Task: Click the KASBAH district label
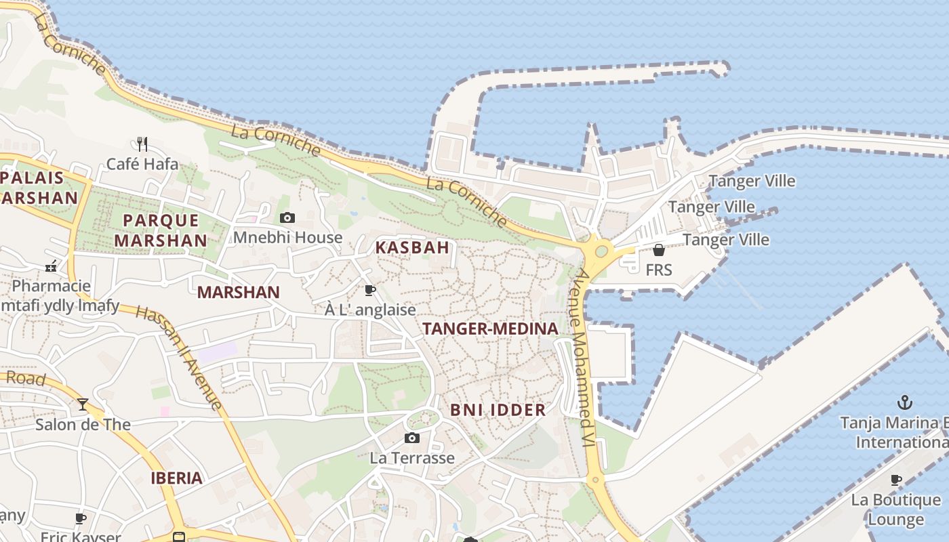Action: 412,247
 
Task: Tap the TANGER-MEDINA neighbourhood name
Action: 491,329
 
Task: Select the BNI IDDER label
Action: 498,410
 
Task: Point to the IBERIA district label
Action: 176,478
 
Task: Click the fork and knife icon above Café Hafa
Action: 142,144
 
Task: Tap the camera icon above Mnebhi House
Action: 287,217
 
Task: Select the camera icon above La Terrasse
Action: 412,438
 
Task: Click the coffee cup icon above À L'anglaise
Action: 370,290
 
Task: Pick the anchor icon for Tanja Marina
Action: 904,402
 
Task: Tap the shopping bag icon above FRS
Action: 658,250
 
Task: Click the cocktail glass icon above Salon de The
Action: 83,404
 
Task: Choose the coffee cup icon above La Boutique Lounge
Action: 896,480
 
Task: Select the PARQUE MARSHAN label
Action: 161,230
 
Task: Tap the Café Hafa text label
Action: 142,164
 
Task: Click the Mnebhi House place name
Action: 287,238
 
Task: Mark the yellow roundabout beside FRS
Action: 600,252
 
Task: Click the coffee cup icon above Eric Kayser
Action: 81,519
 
